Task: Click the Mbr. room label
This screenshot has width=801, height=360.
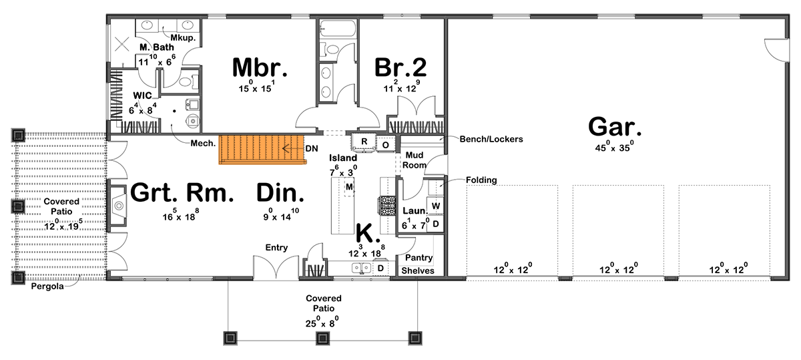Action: click(260, 68)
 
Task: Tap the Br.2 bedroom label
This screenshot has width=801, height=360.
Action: click(400, 68)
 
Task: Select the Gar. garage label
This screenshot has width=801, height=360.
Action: click(615, 127)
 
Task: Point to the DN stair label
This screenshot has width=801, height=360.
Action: click(311, 148)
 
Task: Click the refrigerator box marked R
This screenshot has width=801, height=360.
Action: click(364, 142)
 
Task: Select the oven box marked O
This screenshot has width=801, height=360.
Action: click(386, 144)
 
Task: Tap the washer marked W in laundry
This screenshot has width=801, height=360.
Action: click(435, 205)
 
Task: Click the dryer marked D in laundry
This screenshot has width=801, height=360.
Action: click(435, 223)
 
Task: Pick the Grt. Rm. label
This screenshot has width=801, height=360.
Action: click(182, 193)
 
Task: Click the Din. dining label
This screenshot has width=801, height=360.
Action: click(280, 193)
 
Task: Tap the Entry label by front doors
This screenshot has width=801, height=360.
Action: click(276, 248)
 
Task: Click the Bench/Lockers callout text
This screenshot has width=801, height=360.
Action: click(491, 140)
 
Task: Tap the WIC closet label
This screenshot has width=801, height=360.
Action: click(143, 96)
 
